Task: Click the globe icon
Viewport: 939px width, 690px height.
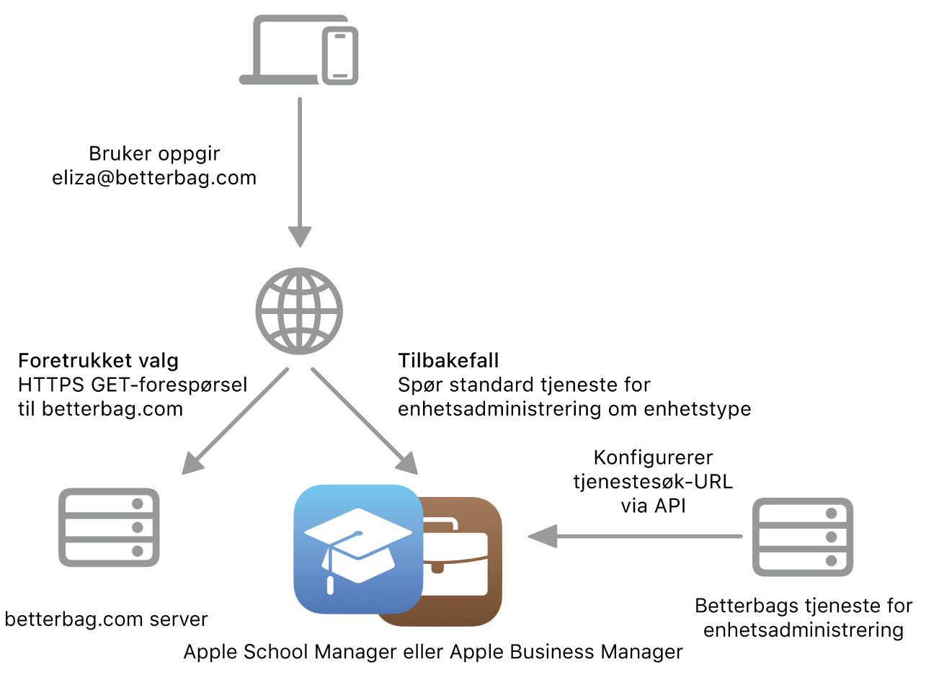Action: point(299,311)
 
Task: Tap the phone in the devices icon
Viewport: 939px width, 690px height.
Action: point(340,56)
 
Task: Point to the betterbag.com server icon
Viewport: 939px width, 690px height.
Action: point(109,527)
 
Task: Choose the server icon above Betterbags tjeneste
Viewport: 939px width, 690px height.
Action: point(802,537)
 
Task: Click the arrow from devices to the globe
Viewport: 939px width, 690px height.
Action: point(300,173)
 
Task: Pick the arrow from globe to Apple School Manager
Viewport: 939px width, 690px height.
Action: point(364,421)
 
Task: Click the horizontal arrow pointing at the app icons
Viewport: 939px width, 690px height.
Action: point(634,536)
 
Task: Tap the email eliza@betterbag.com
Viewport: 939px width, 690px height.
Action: point(154,178)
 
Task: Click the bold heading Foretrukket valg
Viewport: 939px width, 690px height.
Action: point(98,361)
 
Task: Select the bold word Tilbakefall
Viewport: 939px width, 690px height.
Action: point(448,361)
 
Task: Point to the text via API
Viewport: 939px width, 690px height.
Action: point(653,506)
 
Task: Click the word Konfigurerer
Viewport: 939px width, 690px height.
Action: point(653,457)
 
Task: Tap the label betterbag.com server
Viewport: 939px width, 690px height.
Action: point(106,619)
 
